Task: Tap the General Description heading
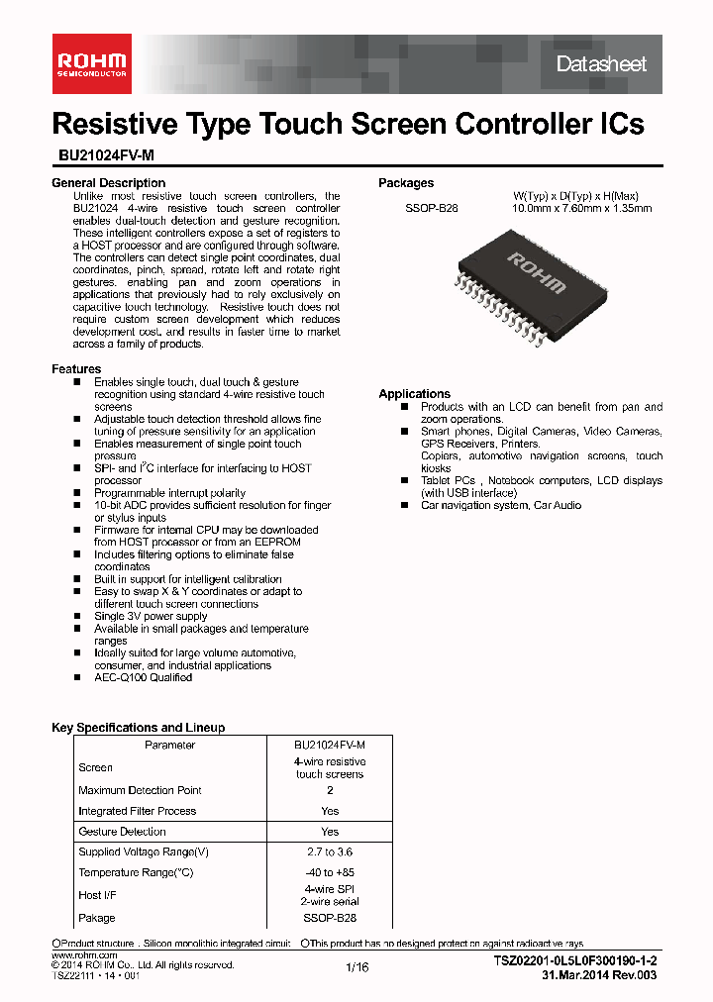click(x=108, y=183)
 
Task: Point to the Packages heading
click(x=406, y=183)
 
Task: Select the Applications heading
click(x=414, y=394)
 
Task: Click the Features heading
click(x=76, y=369)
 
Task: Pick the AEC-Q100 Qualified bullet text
click(x=143, y=678)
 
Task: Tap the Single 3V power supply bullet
click(x=151, y=616)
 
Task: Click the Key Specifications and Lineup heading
click(x=138, y=728)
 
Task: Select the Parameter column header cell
click(x=169, y=746)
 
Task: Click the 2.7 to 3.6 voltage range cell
click(x=330, y=852)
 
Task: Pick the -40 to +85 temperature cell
click(x=330, y=872)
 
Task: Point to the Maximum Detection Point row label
click(x=140, y=790)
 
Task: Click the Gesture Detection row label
click(x=122, y=832)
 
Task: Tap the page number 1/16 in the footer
click(x=356, y=968)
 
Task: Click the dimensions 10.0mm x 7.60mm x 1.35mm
click(x=581, y=209)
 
